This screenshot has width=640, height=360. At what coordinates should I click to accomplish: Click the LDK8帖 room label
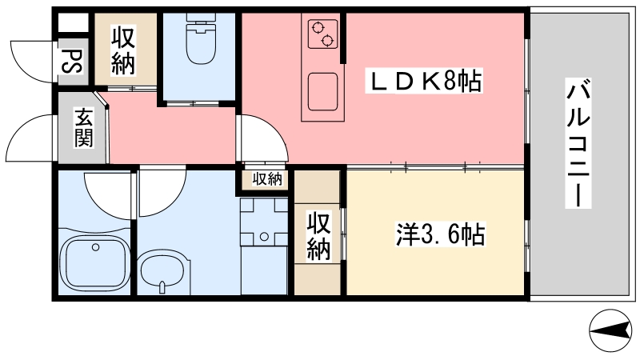(x=424, y=81)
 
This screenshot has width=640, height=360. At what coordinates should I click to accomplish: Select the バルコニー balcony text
(x=578, y=143)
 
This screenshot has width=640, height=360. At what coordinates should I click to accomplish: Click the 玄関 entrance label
(x=82, y=128)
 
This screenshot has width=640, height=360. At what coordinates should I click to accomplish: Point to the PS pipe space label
(x=73, y=62)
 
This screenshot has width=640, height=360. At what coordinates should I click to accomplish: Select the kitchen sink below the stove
(x=322, y=91)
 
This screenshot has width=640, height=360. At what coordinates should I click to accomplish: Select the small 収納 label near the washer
(x=267, y=179)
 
